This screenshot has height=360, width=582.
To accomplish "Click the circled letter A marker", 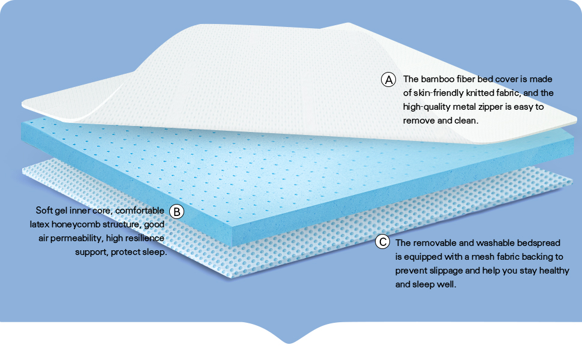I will [388, 79].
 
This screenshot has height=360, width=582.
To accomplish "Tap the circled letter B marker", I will [176, 211].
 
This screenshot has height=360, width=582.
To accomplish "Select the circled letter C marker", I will [382, 242].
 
